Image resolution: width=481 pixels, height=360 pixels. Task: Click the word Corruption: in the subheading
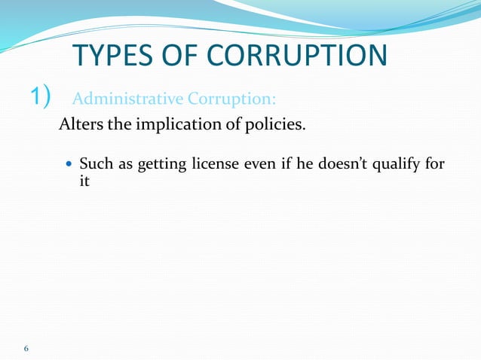tap(234, 99)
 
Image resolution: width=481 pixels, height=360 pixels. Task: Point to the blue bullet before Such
tap(70, 163)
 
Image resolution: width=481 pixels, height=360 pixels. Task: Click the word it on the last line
tap(84, 182)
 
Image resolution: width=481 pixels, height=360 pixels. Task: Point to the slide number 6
tap(26, 348)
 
